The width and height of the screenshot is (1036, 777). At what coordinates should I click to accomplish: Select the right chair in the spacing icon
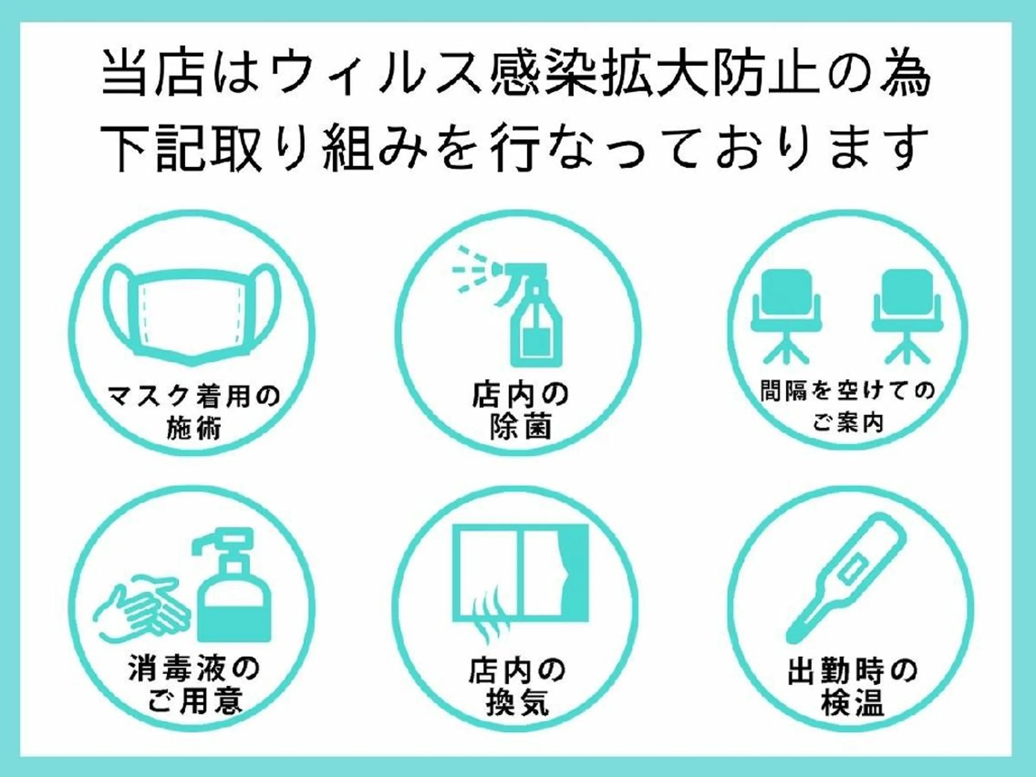907,317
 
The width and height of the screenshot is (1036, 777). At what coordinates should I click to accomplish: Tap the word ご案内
848,423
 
